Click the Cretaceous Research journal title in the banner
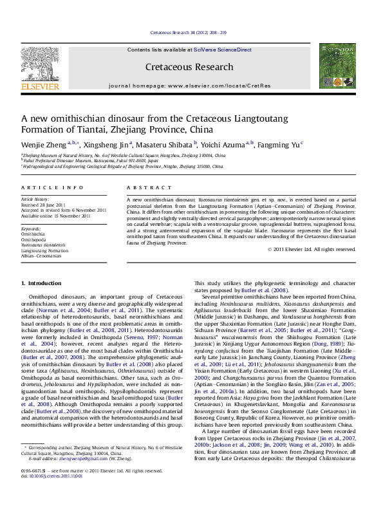[x=189, y=67]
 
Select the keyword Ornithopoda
[x=33, y=238]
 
